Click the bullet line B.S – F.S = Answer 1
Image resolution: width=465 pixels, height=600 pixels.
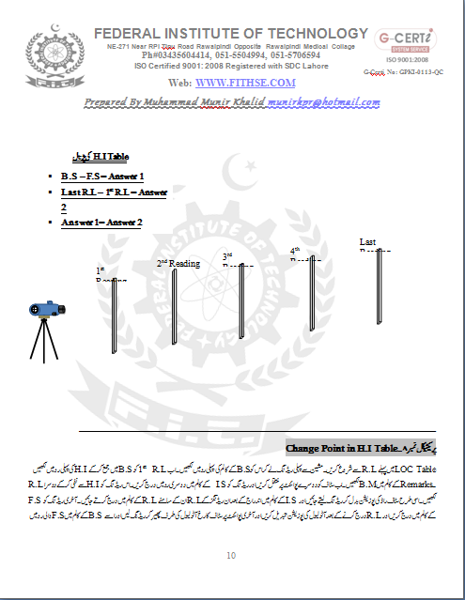[x=101, y=176]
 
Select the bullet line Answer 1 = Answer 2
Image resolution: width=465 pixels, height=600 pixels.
[x=101, y=222]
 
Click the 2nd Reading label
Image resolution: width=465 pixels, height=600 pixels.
[x=178, y=263]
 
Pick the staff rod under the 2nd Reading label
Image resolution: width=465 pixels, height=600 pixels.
[x=174, y=310]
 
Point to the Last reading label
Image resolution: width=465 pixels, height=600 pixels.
[x=368, y=242]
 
